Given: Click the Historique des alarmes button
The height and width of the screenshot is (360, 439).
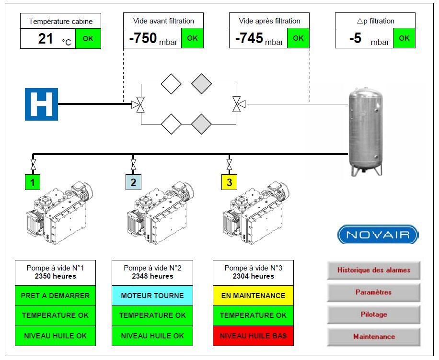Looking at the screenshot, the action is point(373,270).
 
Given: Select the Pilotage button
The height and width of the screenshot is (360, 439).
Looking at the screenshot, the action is point(373,315).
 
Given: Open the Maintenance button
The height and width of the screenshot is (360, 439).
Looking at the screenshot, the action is point(373,337).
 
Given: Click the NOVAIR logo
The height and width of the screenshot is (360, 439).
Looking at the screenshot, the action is point(378,235).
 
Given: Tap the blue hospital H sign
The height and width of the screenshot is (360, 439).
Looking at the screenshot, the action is point(41,104).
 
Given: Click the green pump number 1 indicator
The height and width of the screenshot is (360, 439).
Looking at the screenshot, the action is point(33,182).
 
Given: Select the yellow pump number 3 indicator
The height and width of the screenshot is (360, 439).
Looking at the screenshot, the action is point(229,182).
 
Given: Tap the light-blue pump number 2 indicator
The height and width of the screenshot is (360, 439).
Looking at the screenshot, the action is point(133,182).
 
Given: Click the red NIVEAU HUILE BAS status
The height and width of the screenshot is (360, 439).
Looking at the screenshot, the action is point(254,336).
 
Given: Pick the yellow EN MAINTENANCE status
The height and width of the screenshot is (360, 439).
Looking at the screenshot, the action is point(254,296).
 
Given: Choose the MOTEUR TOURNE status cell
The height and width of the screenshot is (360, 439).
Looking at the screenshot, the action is point(152,296).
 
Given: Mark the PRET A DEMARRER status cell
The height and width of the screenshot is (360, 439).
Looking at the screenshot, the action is point(55,296).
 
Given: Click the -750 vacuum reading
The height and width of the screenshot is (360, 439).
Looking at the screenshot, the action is point(143,38).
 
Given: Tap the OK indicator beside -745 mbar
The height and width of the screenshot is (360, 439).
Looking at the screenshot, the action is point(298,38).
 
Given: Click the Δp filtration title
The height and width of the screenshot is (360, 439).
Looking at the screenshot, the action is point(375,21).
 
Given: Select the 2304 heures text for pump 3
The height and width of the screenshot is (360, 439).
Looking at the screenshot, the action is point(254,276).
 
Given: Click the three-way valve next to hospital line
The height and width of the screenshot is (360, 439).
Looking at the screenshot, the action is point(139,105).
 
